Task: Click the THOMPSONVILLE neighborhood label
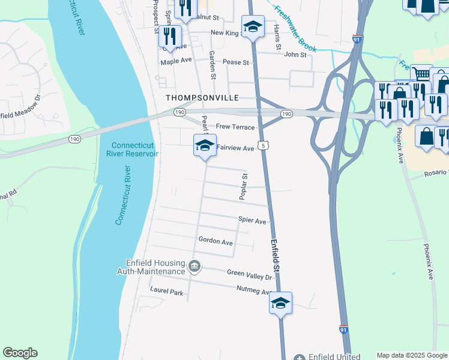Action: click(202, 98)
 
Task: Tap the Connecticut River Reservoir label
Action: click(134, 149)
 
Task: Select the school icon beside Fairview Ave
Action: click(205, 146)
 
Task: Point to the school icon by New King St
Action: click(253, 27)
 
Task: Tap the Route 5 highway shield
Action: click(262, 145)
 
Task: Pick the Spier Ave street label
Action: click(252, 221)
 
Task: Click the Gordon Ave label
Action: click(215, 242)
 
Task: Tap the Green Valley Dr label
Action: click(250, 272)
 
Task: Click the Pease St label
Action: click(235, 62)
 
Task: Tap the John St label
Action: click(295, 55)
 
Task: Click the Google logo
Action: click(20, 353)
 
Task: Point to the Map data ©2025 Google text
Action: click(412, 355)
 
